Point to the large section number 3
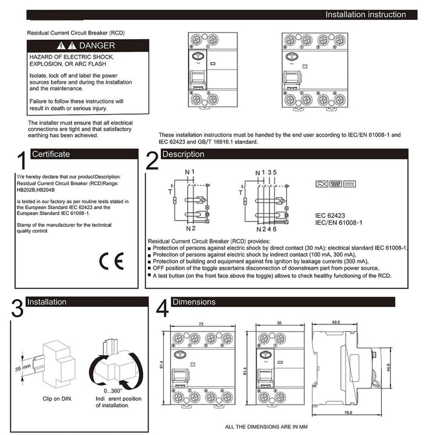click(18, 308)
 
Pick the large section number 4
click(162, 308)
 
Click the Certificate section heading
click(51, 154)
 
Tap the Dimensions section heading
click(193, 301)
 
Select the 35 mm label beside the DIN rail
click(22, 367)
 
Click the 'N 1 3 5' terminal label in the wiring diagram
click(266, 172)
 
